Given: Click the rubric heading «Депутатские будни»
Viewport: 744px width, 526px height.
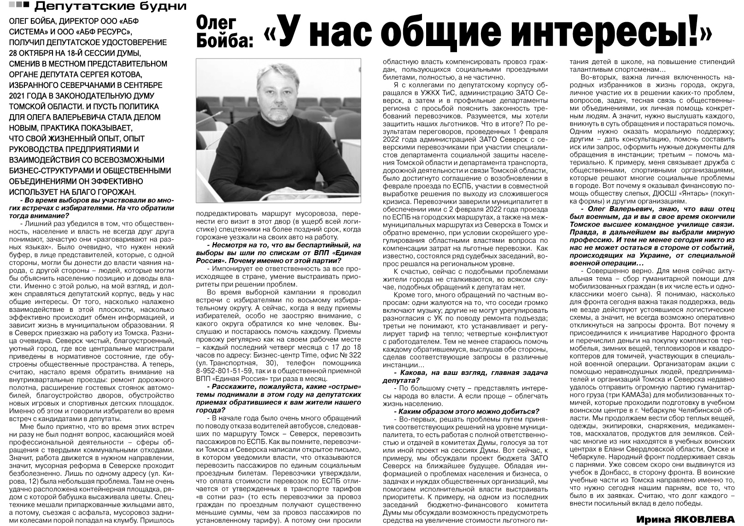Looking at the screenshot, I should pos(111,7).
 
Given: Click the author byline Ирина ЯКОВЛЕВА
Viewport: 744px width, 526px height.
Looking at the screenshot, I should pos(686,519).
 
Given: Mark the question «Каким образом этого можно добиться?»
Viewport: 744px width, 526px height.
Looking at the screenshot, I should pos(466,411).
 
